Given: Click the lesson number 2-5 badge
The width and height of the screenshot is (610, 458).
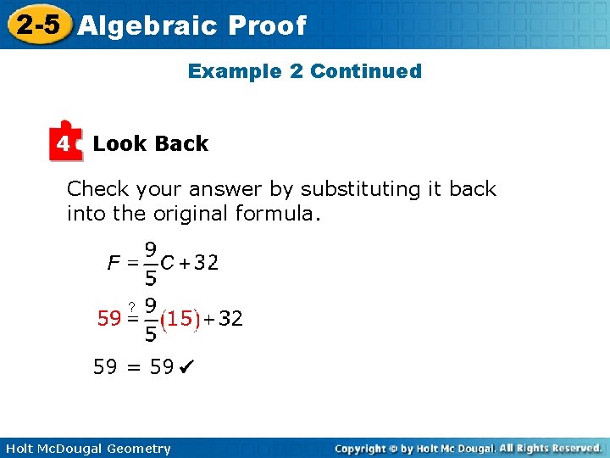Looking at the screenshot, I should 38,25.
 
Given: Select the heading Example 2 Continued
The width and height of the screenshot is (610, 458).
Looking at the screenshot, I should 304,71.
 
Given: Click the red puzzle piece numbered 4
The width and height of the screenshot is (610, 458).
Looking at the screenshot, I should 65,143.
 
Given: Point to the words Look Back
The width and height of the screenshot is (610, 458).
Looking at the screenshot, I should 150,144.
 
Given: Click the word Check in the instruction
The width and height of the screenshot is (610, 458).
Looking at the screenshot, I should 97,189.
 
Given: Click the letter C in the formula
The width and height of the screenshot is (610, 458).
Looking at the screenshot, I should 168,263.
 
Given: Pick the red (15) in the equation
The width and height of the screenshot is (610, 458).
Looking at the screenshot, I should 180,320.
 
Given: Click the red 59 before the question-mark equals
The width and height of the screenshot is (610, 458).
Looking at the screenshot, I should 108,319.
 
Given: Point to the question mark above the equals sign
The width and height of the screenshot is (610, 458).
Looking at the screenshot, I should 132,306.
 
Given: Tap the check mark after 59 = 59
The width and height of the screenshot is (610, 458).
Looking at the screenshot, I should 187,368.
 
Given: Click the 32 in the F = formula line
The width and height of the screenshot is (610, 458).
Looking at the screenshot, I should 206,263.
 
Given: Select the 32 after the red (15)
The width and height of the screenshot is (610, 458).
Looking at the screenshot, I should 230,319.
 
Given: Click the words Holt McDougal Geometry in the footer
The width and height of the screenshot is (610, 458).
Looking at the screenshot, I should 87,449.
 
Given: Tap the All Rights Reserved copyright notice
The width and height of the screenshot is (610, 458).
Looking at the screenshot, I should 550,448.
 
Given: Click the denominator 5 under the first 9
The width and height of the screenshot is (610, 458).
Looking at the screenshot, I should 150,277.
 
